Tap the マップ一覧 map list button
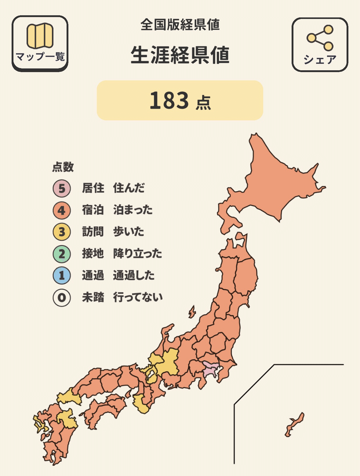[40, 43]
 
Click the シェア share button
[320, 45]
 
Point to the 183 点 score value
[180, 101]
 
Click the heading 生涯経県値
[180, 56]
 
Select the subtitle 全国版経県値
[180, 25]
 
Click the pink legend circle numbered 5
[62, 188]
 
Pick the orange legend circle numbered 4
[62, 210]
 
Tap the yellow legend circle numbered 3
[62, 232]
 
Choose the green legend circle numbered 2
[62, 254]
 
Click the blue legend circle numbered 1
[62, 276]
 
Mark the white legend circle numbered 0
[62, 297]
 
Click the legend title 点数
[63, 167]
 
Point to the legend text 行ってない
[138, 297]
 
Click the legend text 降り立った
[137, 254]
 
